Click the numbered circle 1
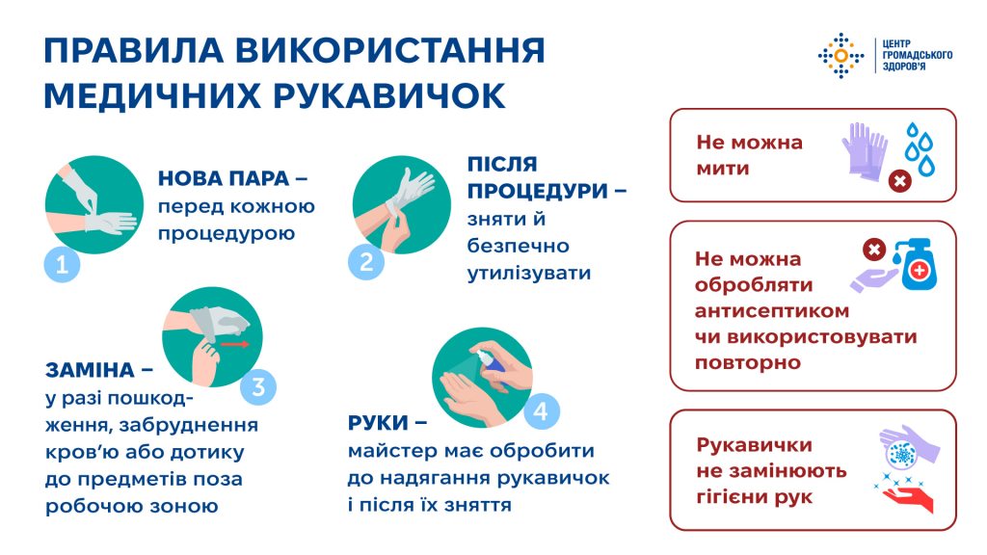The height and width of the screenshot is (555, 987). (63, 264)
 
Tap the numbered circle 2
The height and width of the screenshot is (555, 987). (366, 262)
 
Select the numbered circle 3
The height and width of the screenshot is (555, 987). (258, 386)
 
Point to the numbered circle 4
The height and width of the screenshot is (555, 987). (542, 411)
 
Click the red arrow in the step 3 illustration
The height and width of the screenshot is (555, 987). (235, 344)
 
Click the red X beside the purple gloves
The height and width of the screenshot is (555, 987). (900, 182)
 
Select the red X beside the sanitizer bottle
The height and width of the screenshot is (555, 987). (873, 250)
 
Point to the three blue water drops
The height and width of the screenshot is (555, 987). (920, 149)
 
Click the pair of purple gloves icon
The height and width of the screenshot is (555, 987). (865, 151)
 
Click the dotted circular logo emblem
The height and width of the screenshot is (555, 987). (840, 56)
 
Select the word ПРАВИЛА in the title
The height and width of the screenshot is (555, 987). (133, 50)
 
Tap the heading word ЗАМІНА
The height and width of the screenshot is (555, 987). (90, 370)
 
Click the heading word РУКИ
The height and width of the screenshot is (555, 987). (378, 423)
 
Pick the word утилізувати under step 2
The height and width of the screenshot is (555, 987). (529, 274)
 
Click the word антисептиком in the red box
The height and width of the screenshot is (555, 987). (772, 311)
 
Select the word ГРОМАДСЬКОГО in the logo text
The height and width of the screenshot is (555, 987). (918, 55)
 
